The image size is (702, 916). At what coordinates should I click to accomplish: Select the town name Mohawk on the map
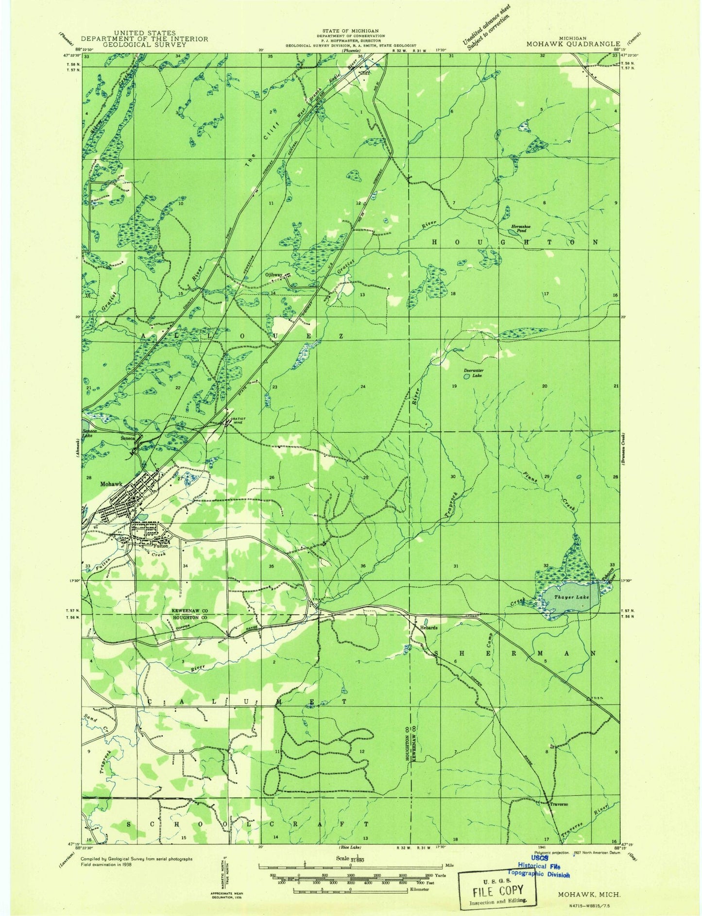click(x=111, y=484)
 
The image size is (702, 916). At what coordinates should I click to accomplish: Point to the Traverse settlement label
click(x=559, y=804)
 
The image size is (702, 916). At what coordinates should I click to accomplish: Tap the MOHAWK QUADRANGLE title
click(x=573, y=44)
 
